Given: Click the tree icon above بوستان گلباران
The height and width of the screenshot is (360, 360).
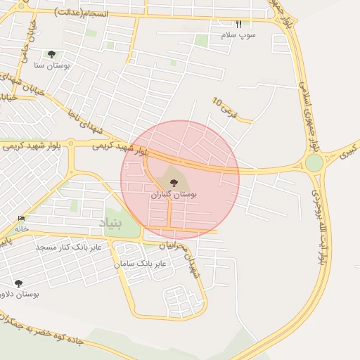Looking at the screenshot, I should (x=174, y=183).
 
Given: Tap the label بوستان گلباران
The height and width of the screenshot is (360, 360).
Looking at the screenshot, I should (x=174, y=193).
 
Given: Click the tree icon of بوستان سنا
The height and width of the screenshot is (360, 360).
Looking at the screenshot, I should (x=51, y=54).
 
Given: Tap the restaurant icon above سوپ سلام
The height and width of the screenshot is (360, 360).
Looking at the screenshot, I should (x=238, y=24).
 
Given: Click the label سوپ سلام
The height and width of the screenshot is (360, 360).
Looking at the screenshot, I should (x=238, y=34).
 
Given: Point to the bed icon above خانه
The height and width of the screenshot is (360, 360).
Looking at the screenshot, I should (x=21, y=219).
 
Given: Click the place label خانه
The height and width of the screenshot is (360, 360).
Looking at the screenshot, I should (x=21, y=229).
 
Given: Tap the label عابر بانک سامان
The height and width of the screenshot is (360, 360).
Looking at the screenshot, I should (x=141, y=264).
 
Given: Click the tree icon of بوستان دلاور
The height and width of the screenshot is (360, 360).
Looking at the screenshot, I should (x=19, y=283).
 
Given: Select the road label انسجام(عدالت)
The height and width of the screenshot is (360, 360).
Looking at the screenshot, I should (x=81, y=12).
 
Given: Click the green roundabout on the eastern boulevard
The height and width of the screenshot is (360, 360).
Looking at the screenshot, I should (x=314, y=163).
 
